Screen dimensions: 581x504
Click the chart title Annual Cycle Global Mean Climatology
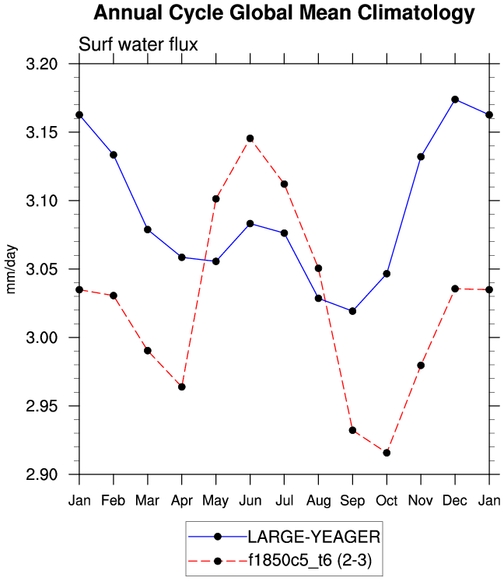(284, 13)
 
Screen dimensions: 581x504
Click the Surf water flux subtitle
(138, 45)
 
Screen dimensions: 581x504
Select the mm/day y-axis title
(12, 270)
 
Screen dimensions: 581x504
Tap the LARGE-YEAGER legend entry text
(314, 536)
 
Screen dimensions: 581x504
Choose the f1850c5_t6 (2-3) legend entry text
(314, 559)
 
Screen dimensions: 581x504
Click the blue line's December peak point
(455, 100)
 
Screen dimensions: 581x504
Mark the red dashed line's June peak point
(250, 138)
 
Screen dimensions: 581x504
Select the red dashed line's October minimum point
(387, 453)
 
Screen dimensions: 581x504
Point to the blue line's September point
(352, 311)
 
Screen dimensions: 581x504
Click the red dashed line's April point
(181, 387)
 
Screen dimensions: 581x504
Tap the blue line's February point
(114, 155)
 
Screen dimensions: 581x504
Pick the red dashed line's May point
(215, 199)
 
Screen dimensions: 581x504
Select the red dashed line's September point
(352, 430)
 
